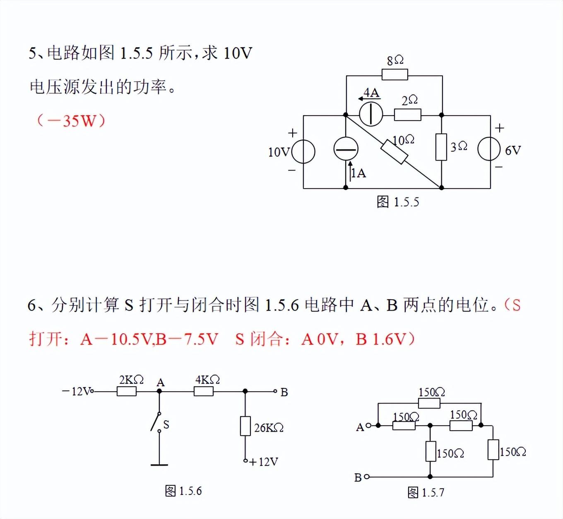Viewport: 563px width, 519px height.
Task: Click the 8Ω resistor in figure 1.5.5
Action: pos(395,75)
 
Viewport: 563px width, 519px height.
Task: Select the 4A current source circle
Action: pos(371,114)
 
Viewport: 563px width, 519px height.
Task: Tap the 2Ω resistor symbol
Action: pos(407,115)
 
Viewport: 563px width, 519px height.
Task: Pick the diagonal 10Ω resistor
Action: pos(394,152)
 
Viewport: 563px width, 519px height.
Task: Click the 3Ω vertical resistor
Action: pos(441,147)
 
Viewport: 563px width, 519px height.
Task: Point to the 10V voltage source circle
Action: pos(303,152)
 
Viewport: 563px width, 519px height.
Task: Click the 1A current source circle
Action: pos(346,148)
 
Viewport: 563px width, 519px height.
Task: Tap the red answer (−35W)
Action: pos(71,121)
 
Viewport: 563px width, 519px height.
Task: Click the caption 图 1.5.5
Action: pos(397,202)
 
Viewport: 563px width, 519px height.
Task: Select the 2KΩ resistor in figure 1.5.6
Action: pos(127,391)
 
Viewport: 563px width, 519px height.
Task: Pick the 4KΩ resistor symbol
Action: pos(204,391)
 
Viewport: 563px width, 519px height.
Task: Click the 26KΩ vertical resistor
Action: pos(245,426)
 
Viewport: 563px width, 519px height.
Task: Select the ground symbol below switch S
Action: pos(159,465)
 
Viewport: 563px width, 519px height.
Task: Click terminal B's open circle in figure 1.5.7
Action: pos(366,477)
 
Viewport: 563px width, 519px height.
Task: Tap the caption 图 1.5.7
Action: pos(426,492)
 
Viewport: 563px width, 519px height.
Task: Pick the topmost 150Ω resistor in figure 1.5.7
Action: pos(429,403)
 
